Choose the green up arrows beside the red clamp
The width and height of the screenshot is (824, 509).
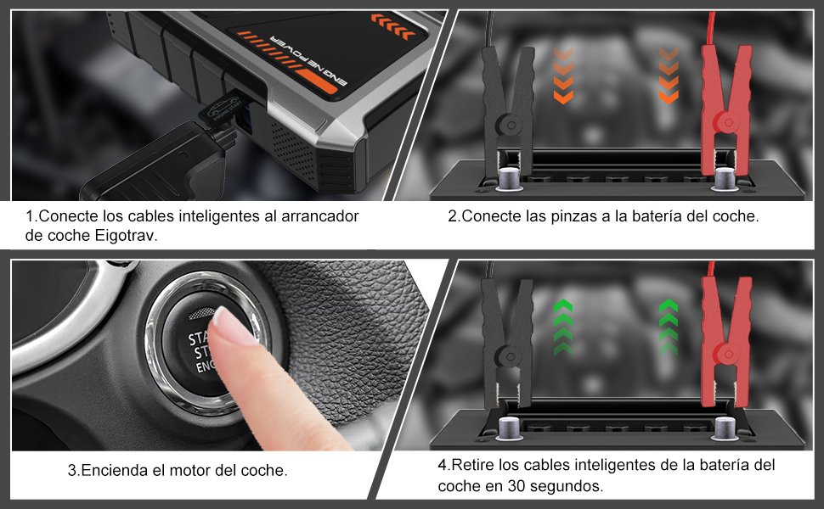[669, 327]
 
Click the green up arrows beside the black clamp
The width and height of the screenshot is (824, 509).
[562, 327]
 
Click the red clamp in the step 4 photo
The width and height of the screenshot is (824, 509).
[724, 339]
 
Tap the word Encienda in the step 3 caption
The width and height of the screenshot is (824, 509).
[108, 469]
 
